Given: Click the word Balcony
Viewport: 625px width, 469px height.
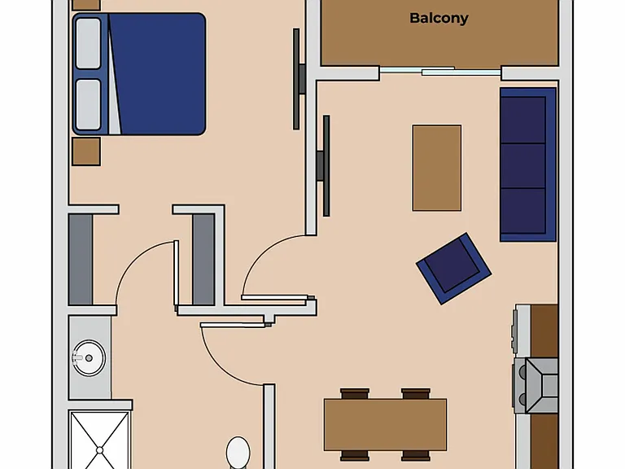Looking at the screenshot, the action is (439, 19).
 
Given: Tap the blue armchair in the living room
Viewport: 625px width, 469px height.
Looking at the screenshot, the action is (453, 269).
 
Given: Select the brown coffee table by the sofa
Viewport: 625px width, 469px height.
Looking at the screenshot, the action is (437, 168).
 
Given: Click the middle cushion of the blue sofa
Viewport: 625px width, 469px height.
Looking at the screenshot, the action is (523, 165).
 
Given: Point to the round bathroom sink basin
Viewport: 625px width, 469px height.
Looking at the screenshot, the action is (89, 357).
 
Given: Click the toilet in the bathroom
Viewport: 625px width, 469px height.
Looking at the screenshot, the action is (238, 453).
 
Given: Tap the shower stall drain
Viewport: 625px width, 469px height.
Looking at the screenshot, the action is (99, 450).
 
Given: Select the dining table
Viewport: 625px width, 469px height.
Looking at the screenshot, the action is (385, 424).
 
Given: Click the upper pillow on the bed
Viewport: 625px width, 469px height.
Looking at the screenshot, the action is (88, 43).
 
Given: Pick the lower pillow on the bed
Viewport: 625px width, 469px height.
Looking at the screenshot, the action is (88, 104).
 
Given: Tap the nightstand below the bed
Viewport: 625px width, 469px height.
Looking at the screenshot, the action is (86, 151).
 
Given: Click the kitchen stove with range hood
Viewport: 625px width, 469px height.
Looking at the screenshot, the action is (535, 385).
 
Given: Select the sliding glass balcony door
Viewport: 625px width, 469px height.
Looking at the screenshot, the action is (440, 71).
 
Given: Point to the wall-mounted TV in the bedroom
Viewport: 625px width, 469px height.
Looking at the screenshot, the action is (298, 79).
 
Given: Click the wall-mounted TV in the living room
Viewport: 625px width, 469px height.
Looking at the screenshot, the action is (324, 166).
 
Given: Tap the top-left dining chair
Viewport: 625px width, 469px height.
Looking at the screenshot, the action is (355, 393).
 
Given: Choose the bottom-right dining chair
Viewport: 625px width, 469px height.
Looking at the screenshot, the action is (416, 455).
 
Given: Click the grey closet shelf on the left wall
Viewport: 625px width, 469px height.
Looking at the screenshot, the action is (81, 259).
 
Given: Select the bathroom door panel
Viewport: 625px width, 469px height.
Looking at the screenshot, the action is (233, 325).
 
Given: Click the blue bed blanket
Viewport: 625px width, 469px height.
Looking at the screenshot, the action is (157, 74).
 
